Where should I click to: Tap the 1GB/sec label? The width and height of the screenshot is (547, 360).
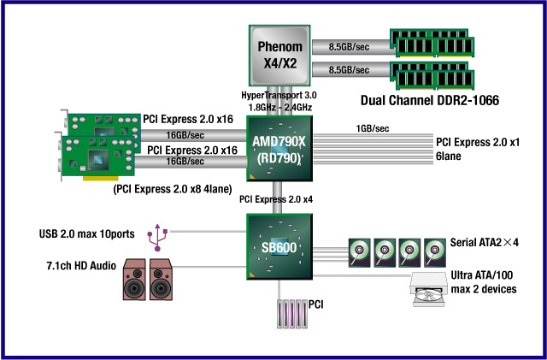coord(373,128)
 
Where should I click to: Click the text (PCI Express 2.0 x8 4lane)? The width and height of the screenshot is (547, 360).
coord(172,188)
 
